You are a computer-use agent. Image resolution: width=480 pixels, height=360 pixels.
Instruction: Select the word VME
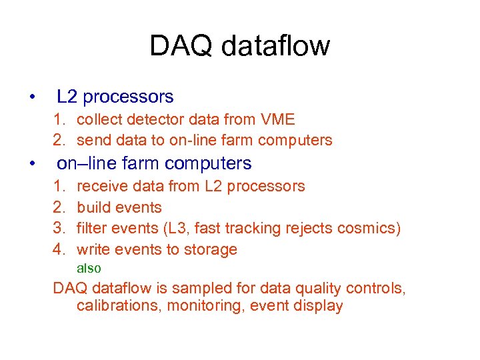[279, 119]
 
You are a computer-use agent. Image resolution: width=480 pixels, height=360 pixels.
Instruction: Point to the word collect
[99, 119]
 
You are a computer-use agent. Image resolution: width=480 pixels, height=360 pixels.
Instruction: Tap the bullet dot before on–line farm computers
[32, 163]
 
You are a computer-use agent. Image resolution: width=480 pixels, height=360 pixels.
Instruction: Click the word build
[93, 207]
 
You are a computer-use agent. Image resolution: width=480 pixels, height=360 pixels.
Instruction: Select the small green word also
[89, 268]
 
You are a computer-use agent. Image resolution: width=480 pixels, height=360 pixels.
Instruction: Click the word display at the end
[320, 306]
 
